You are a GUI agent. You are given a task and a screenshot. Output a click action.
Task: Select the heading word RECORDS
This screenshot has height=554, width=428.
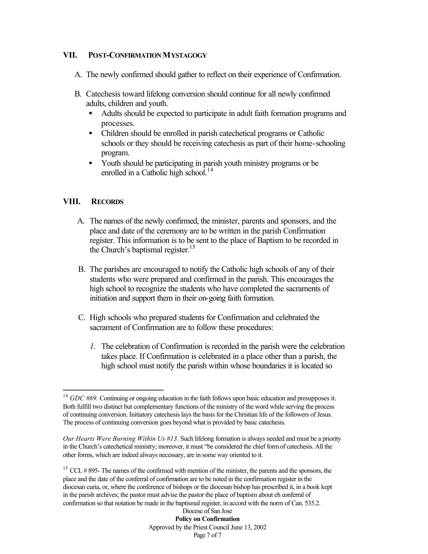[x=107, y=202]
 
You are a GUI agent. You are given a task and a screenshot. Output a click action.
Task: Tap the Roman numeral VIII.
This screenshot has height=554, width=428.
[x=72, y=202]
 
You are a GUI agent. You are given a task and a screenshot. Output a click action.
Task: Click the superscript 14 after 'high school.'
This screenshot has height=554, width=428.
[x=210, y=170]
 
